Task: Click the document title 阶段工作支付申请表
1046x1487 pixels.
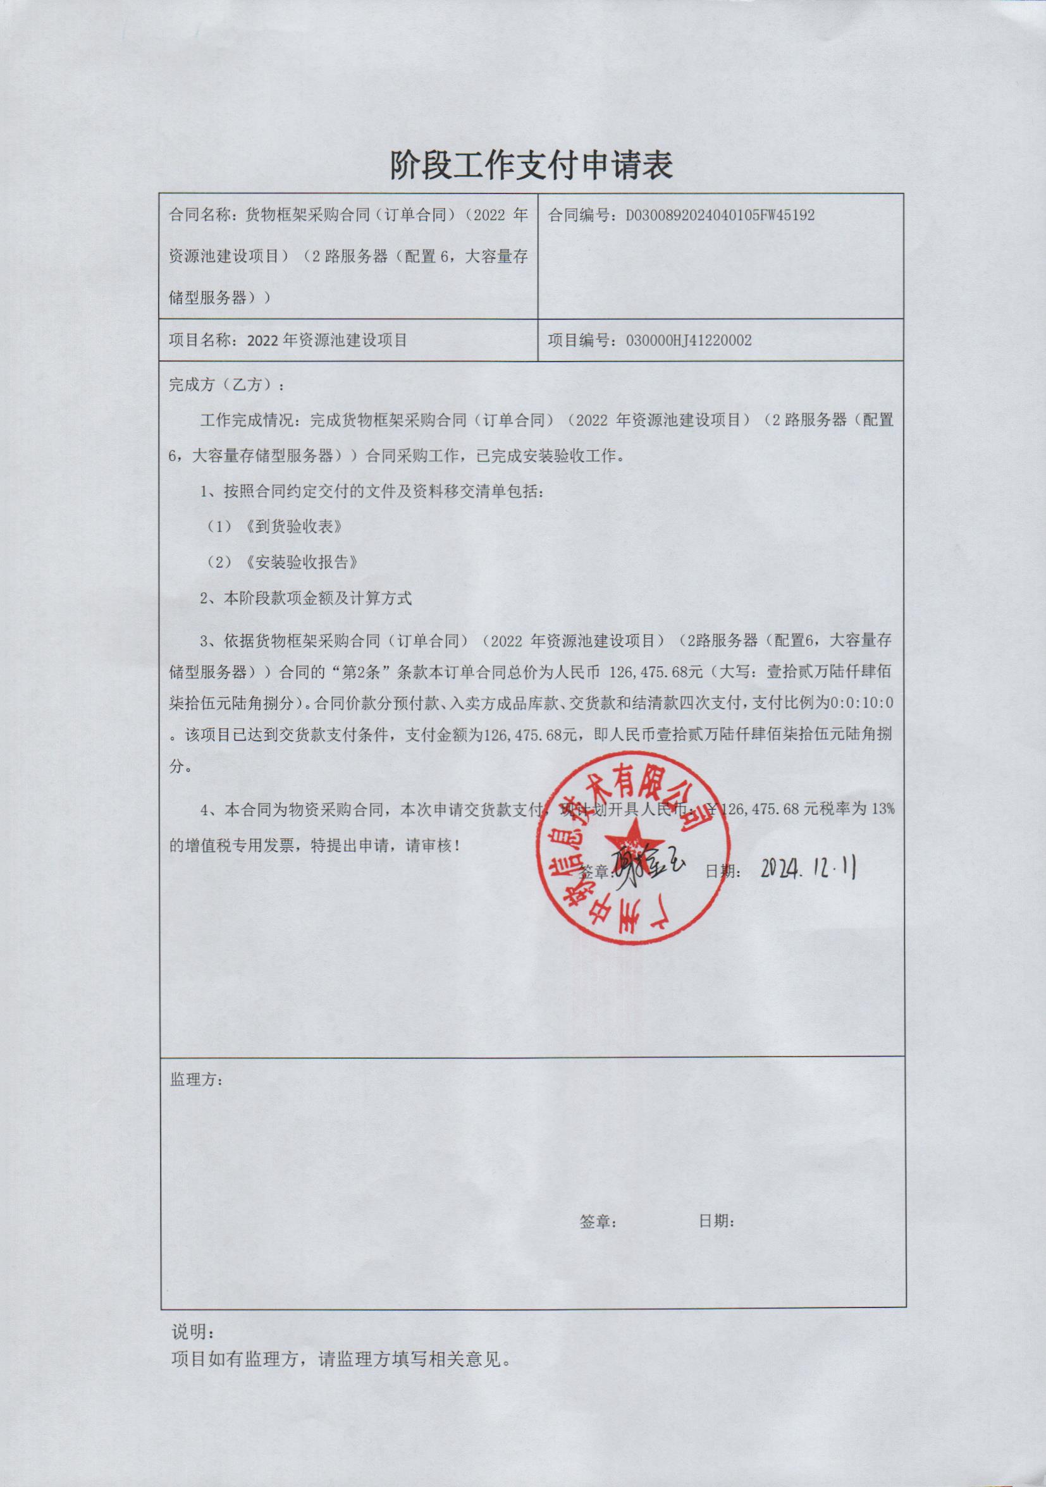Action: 531,165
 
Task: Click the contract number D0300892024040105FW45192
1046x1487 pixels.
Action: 720,215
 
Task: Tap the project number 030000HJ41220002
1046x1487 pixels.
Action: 689,341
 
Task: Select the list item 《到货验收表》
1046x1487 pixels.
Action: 294,527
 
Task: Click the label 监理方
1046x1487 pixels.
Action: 196,1080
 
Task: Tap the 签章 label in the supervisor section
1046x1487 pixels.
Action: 597,1222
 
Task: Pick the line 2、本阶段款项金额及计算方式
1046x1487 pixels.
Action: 305,599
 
